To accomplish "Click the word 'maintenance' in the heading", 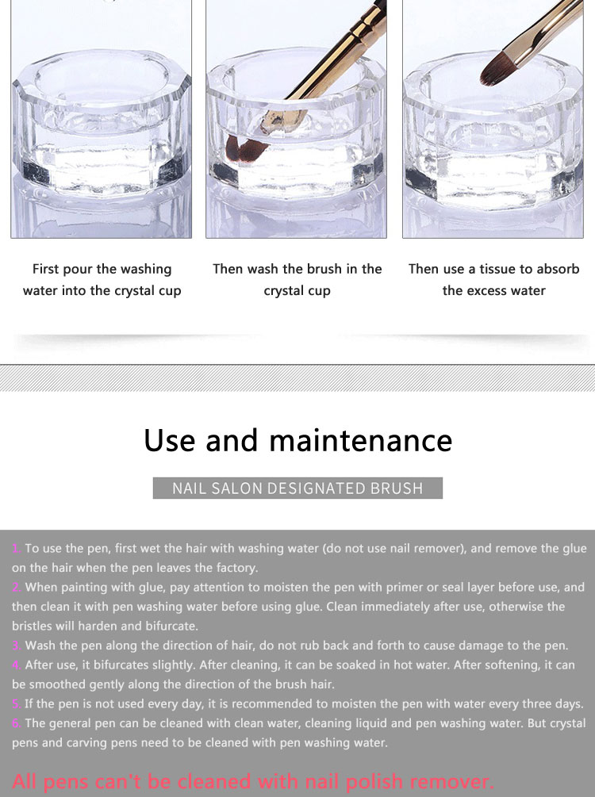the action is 360,440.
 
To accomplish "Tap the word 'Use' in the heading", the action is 170,440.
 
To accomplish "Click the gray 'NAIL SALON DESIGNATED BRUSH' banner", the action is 297,488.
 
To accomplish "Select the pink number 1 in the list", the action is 17,549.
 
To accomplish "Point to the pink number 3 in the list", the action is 17,646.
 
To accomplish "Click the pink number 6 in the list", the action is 17,723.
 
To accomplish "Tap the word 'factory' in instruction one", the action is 236,569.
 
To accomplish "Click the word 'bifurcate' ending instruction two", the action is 171,626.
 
